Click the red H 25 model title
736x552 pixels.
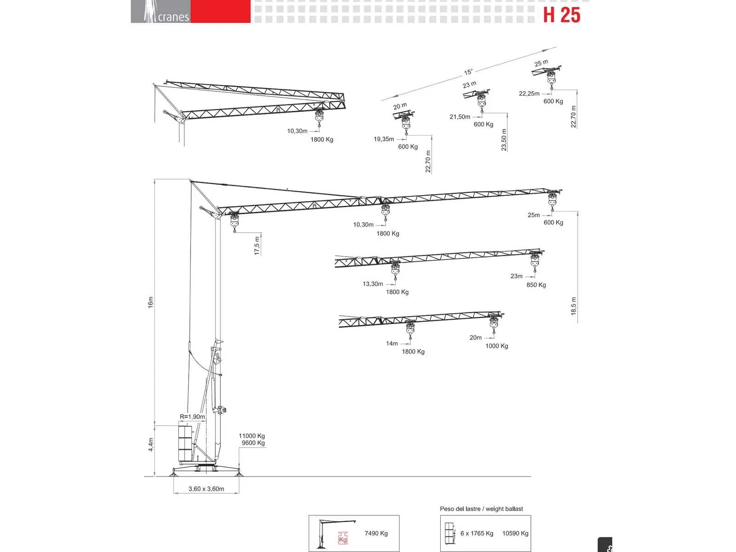pyautogui.click(x=561, y=15)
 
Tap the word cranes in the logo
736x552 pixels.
pyautogui.click(x=173, y=17)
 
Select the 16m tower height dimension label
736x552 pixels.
pyautogui.click(x=150, y=302)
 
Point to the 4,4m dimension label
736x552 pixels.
pyautogui.click(x=150, y=444)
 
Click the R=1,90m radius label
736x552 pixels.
pyautogui.click(x=192, y=417)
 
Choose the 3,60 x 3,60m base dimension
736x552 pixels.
pyautogui.click(x=206, y=489)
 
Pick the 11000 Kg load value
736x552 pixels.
pyautogui.click(x=252, y=436)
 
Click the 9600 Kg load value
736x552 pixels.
pyautogui.click(x=253, y=443)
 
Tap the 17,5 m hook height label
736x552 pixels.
pyautogui.click(x=257, y=246)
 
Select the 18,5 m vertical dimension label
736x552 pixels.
pyautogui.click(x=573, y=306)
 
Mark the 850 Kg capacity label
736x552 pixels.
pyautogui.click(x=536, y=285)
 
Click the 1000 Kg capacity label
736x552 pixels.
pyautogui.click(x=497, y=346)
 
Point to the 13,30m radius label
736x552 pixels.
pyautogui.click(x=373, y=284)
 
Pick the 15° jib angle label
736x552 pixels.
pyautogui.click(x=468, y=72)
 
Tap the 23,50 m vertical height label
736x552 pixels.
pyautogui.click(x=504, y=140)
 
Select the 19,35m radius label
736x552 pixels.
pyautogui.click(x=384, y=139)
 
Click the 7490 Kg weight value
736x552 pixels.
pyautogui.click(x=376, y=533)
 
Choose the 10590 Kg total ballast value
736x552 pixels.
pyautogui.click(x=515, y=533)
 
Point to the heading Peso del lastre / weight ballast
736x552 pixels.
pyautogui.click(x=481, y=509)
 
